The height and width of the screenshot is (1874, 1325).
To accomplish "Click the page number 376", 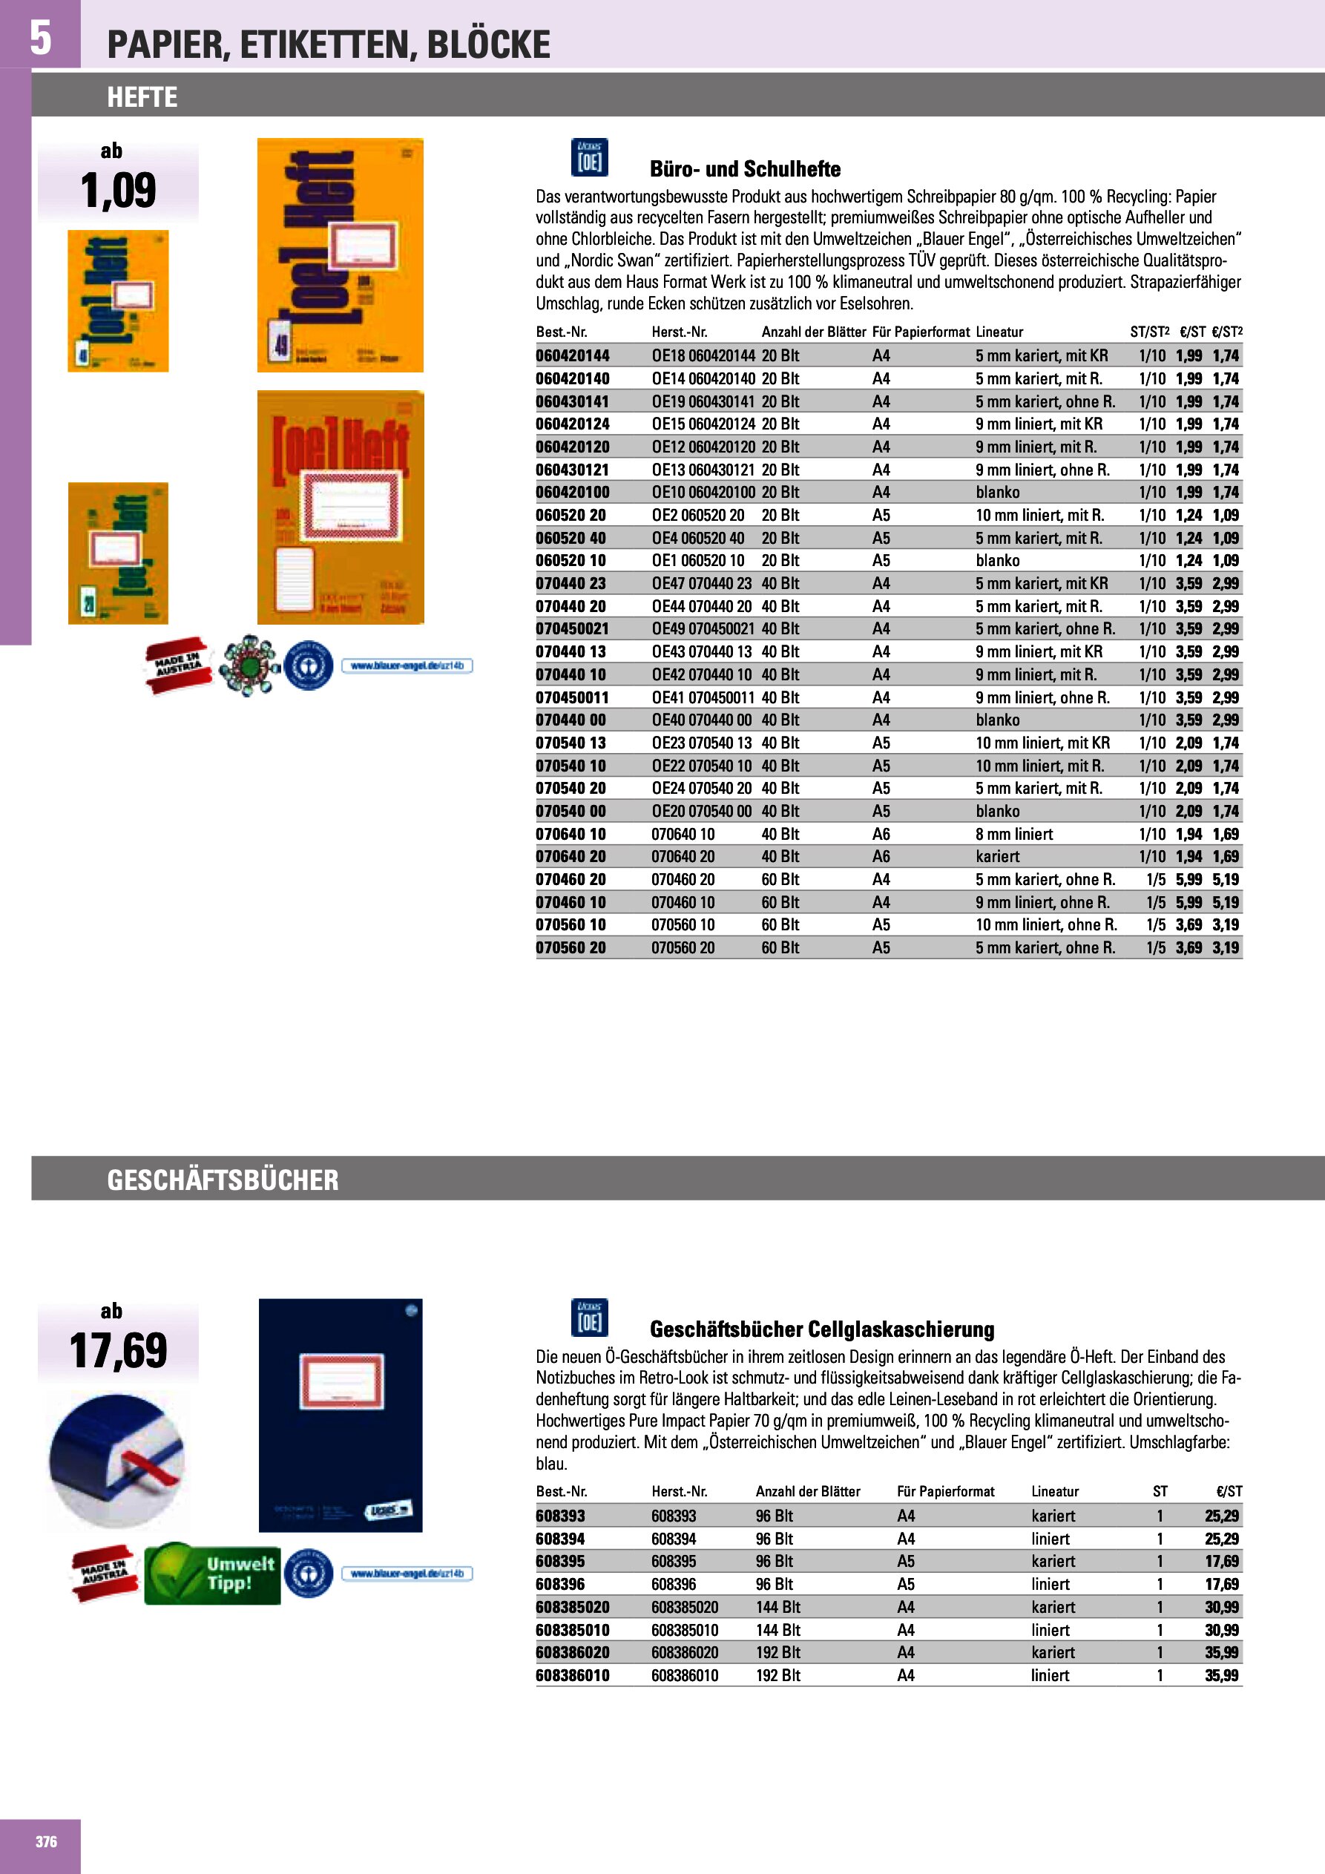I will [46, 1841].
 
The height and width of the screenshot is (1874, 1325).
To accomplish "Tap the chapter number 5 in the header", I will [40, 38].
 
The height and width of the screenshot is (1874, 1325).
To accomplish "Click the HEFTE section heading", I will [142, 97].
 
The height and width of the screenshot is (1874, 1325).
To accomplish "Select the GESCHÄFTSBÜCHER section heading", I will [222, 1180].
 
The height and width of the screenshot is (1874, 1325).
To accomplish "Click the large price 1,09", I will [119, 190].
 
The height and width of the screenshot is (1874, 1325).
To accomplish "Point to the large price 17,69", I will [119, 1351].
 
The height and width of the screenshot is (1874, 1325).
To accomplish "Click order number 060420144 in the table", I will [572, 356].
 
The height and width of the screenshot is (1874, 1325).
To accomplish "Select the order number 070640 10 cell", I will [571, 834].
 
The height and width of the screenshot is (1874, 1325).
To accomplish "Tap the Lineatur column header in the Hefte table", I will [999, 332].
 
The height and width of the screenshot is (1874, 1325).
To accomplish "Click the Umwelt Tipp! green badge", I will [213, 1573].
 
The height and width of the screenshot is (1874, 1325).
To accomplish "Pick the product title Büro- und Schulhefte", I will [745, 169].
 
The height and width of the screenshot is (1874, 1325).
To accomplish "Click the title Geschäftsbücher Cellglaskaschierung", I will [821, 1329].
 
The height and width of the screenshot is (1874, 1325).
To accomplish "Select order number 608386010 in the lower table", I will [572, 1676].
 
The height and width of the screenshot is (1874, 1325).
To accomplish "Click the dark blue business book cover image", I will [341, 1415].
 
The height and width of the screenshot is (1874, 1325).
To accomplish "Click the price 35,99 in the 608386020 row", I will [1221, 1653].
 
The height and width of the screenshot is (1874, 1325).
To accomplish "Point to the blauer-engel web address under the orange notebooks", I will [407, 666].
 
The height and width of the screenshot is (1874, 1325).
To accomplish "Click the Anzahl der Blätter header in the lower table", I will [807, 1491].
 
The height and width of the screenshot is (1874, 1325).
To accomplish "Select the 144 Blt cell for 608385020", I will [777, 1607].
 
